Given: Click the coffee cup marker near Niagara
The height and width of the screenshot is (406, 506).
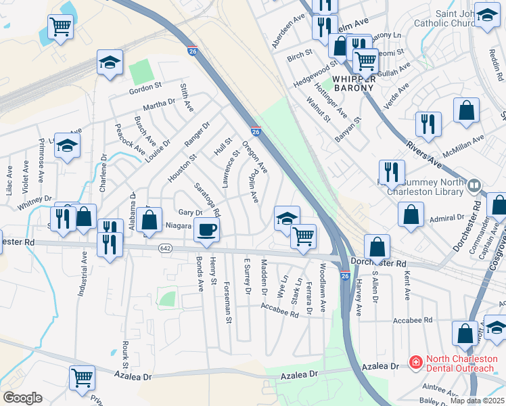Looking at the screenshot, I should coord(206,230).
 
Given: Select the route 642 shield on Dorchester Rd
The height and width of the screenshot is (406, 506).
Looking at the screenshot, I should coord(164,249).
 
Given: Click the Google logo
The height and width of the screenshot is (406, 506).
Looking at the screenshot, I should coord(22,398).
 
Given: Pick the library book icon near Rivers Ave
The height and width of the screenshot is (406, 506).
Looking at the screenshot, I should coord(474,184).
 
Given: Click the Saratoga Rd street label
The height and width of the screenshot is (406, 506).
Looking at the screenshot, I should coord(207,199).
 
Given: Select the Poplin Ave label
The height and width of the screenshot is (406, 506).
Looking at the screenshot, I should coord(252,186).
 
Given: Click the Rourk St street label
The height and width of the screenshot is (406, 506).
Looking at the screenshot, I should coord(126,355).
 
